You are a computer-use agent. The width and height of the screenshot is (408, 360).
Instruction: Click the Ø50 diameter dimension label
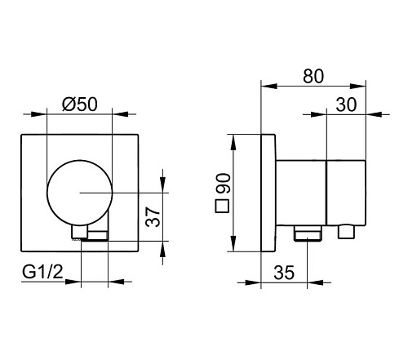click(79, 104)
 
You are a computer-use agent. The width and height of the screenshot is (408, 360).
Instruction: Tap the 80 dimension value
click(313, 76)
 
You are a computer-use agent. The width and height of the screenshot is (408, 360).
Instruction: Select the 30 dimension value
click(346, 104)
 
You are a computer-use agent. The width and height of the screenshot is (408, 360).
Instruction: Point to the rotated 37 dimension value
click(153, 216)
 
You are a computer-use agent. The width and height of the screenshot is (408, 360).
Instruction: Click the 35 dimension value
click(284, 273)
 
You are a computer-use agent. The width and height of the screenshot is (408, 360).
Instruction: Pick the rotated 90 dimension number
click(224, 183)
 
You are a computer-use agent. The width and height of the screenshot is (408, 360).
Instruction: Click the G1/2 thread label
click(42, 272)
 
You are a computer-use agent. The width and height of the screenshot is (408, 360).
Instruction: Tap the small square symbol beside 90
click(222, 207)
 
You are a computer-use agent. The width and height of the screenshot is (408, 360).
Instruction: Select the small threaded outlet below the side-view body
click(308, 233)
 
